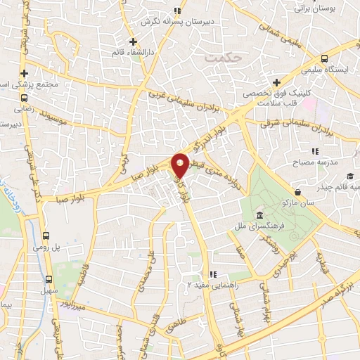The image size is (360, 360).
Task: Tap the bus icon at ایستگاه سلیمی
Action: [x=324, y=59]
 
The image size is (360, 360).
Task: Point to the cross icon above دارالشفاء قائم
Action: [x=133, y=41]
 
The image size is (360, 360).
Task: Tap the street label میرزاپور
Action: [x=73, y=307]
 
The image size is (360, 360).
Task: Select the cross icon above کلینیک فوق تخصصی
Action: [x=276, y=82]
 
